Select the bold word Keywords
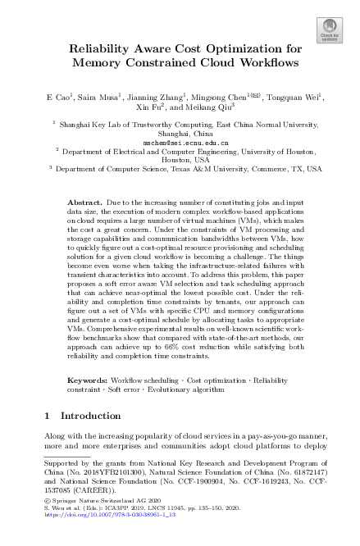click(x=86, y=380)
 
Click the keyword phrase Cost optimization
click(x=216, y=380)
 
